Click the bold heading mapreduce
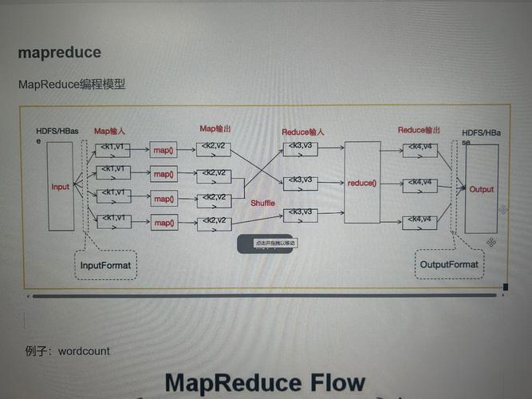pos(60,53)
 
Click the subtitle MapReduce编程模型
pos(72,85)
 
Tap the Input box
pos(61,187)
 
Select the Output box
pos(481,189)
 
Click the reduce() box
pos(361,183)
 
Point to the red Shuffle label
pos(262,203)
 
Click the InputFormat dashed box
pos(106,263)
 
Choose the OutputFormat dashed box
pos(450,264)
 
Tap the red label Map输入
pos(110,131)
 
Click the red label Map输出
pos(215,128)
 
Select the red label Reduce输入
pos(303,132)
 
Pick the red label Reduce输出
pos(419,130)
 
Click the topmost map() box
pos(164,150)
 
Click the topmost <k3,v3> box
pos(300,149)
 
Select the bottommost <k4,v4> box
pos(420,221)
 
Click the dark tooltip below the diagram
pos(267,243)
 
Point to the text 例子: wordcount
pos(67,350)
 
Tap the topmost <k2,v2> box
pos(213,149)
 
